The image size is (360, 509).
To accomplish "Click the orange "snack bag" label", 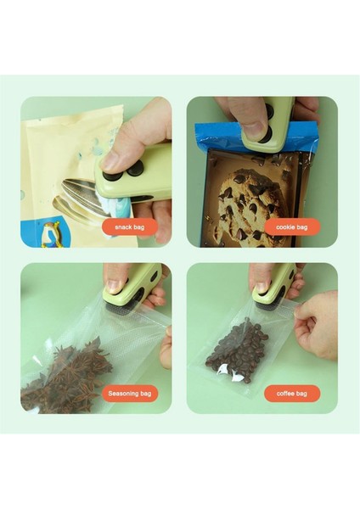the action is pos(130,227).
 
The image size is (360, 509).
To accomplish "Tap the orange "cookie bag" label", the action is pos(292,227).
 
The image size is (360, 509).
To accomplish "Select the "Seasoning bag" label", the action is pos(130,394).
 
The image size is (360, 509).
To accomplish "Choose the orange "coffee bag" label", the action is pos(292,394).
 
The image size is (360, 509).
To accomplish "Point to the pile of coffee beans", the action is pos(237,350).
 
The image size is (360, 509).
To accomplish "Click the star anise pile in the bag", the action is pos(66,377).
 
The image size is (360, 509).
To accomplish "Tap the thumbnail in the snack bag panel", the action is pos(112,161).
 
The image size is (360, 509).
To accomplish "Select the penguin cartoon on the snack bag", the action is pos(52,234).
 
